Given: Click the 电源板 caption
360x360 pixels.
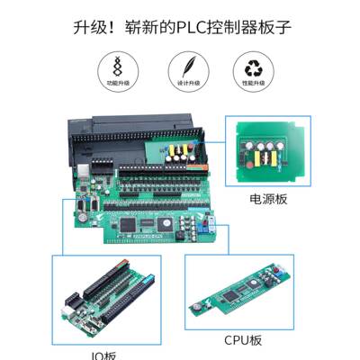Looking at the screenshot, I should pos(267,199).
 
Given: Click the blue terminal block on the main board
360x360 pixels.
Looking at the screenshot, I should pos(206,224).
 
